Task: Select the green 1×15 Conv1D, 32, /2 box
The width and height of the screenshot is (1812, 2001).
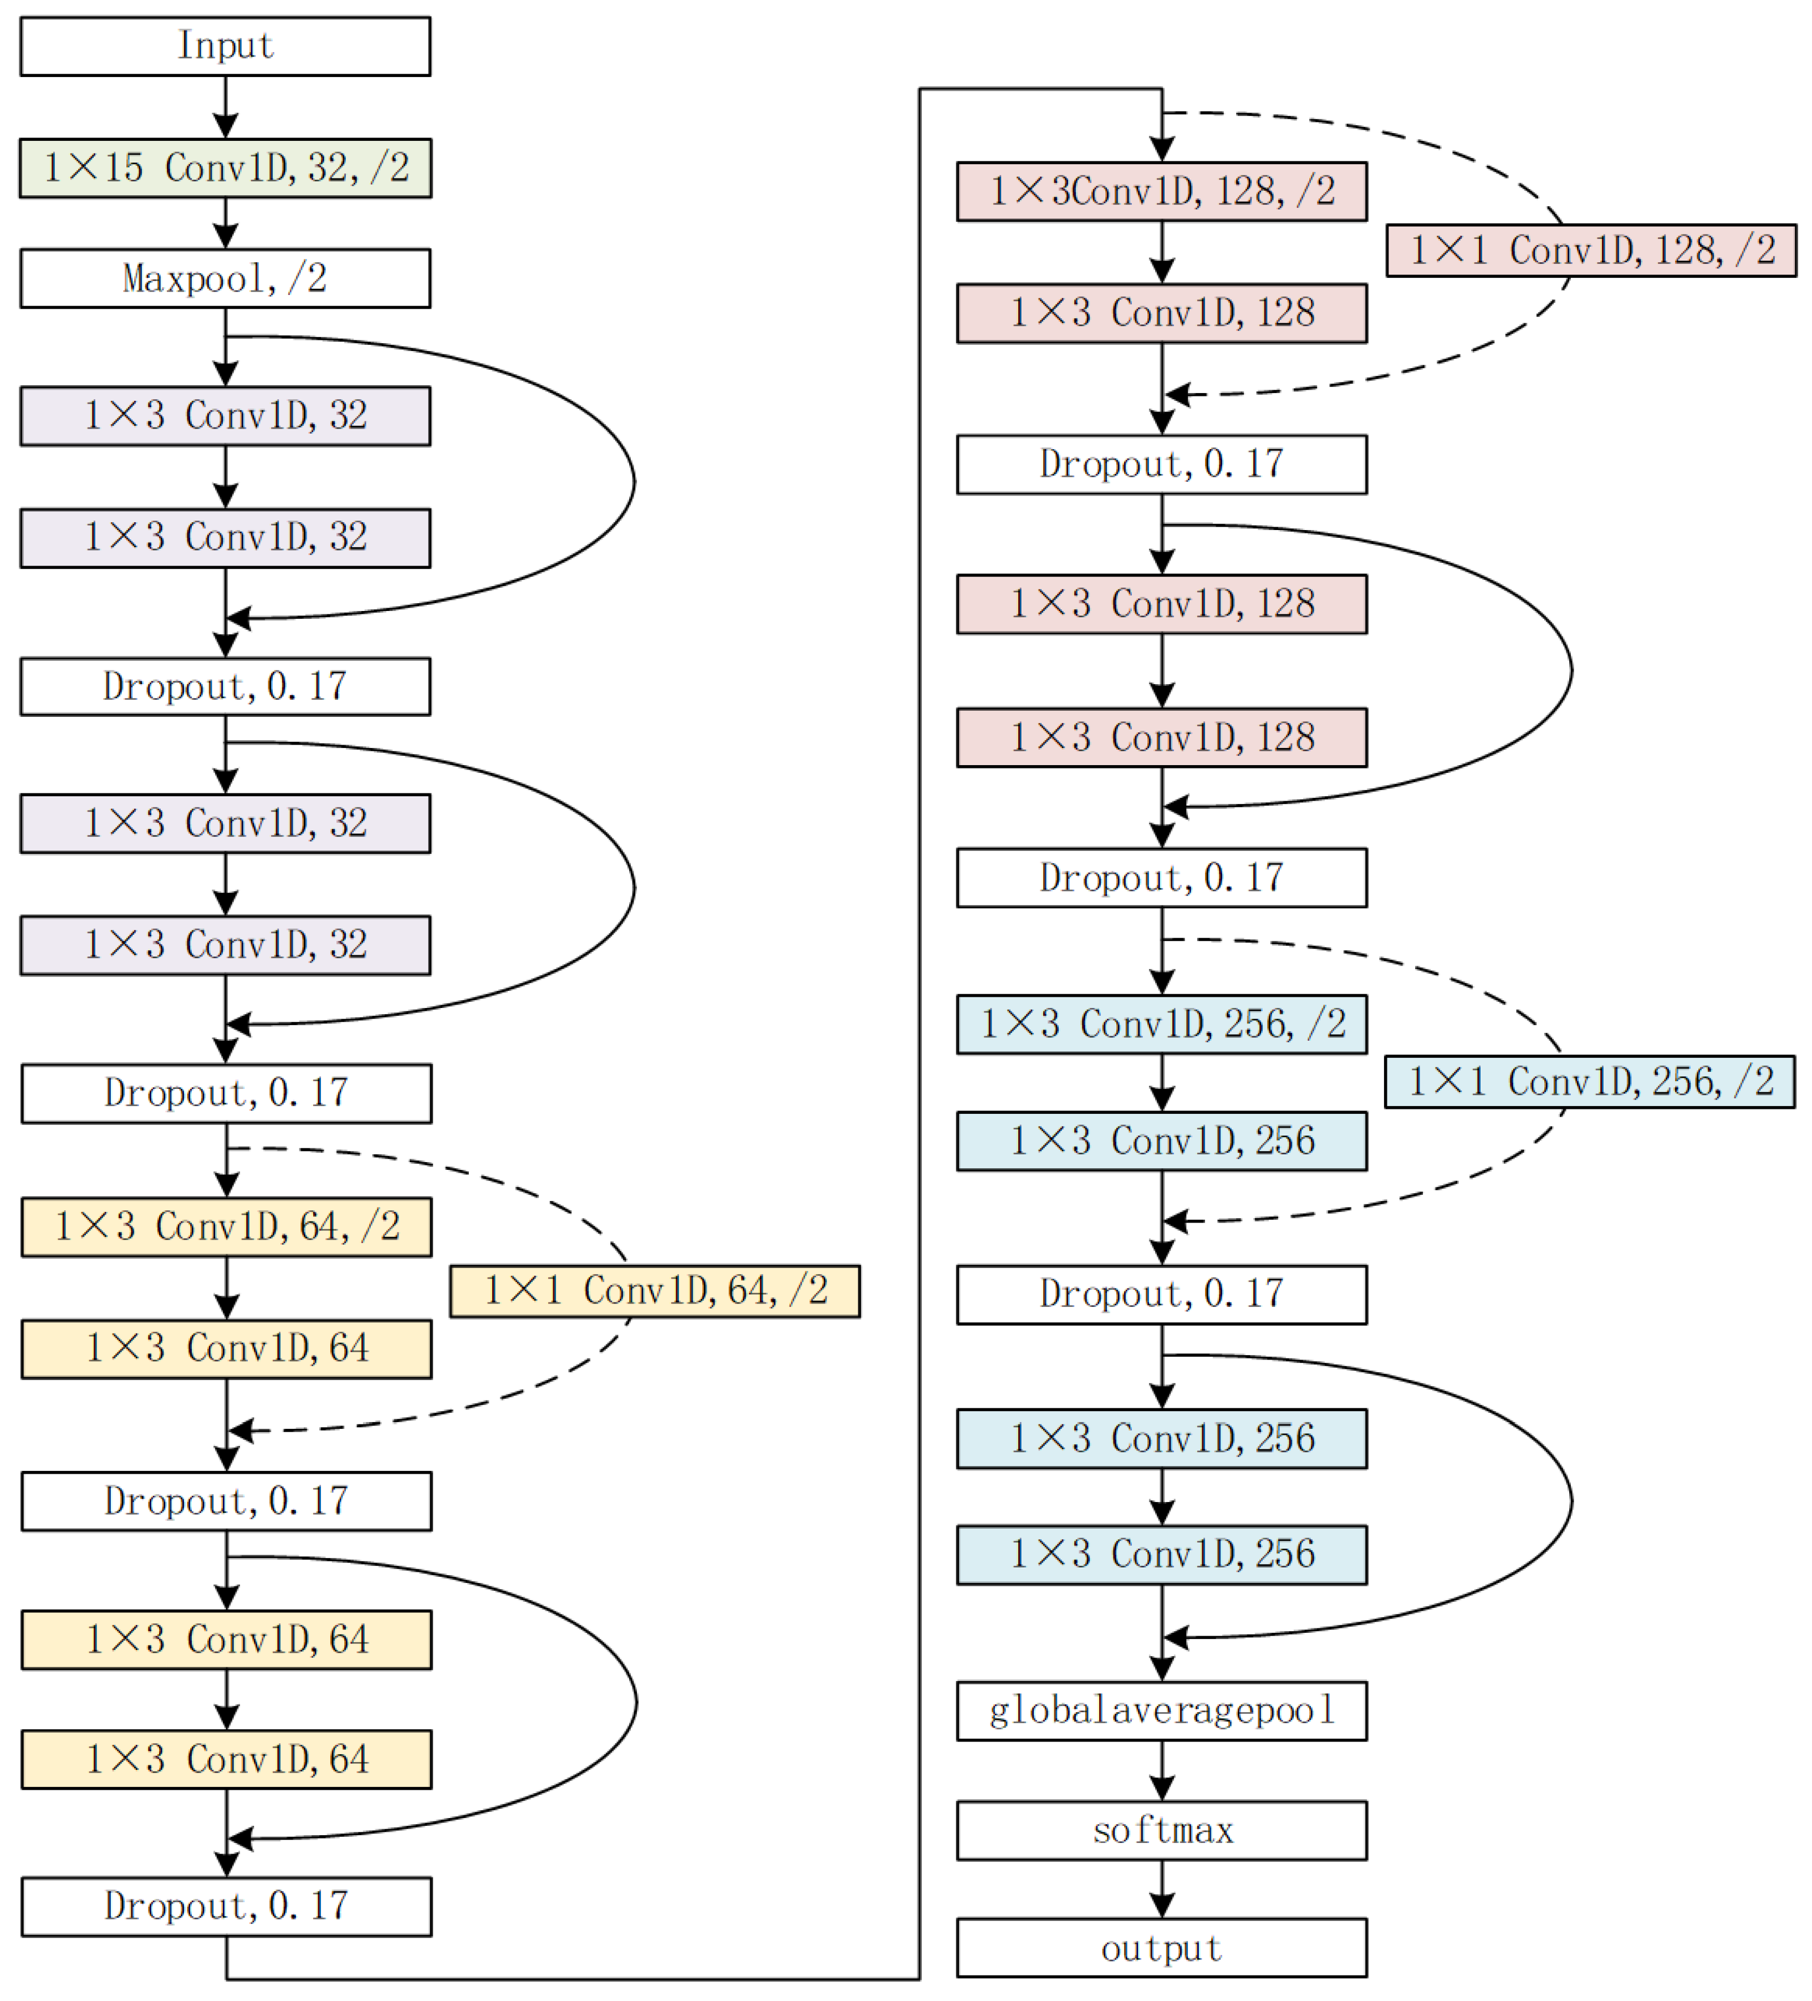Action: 225,168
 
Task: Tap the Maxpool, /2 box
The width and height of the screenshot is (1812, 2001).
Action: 225,278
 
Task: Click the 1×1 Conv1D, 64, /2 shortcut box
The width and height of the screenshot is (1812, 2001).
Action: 655,1290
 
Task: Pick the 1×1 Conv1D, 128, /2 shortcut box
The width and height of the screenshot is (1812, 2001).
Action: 1591,250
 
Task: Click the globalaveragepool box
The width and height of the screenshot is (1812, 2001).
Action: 1161,1710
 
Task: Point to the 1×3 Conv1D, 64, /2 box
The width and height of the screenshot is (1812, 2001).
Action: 226,1227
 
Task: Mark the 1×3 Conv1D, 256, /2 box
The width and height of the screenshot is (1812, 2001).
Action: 1161,1024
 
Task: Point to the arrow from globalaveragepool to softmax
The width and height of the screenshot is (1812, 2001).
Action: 1162,1770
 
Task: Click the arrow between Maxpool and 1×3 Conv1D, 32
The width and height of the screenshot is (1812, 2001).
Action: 225,348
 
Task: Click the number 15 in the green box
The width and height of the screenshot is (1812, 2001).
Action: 123,168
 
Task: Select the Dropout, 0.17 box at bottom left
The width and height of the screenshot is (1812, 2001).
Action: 226,1906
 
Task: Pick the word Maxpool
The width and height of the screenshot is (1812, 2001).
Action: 193,278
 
